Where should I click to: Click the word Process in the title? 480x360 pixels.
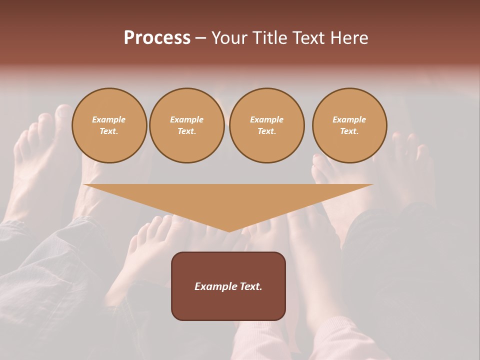point(157,38)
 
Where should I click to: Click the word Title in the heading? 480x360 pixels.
point(269,38)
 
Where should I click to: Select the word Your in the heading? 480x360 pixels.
point(230,38)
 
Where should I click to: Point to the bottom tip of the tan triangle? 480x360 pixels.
point(229,231)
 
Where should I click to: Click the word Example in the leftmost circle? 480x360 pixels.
point(109,119)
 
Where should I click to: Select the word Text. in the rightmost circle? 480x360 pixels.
point(349,131)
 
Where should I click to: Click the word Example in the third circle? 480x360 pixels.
point(267,119)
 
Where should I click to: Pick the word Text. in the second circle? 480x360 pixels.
point(187,131)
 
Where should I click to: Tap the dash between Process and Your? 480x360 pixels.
point(201,38)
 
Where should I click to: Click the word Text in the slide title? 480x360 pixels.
point(308,38)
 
